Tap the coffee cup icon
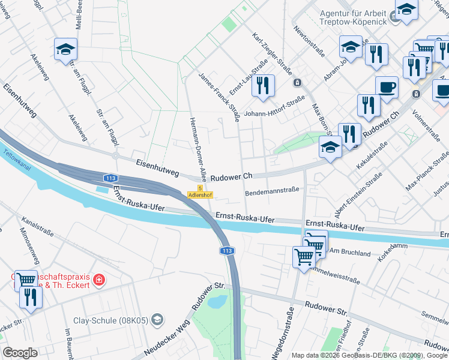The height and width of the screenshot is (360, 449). [387, 88]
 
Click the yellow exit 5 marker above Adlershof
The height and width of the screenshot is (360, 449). [200, 188]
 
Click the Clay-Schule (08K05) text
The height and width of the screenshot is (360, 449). [110, 320]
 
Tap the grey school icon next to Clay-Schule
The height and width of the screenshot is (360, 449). [157, 319]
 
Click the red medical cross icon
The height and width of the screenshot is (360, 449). [99, 280]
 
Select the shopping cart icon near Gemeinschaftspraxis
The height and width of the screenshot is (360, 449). [25, 279]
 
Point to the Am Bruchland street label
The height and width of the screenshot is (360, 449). [351, 253]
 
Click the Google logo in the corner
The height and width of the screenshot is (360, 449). [20, 352]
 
